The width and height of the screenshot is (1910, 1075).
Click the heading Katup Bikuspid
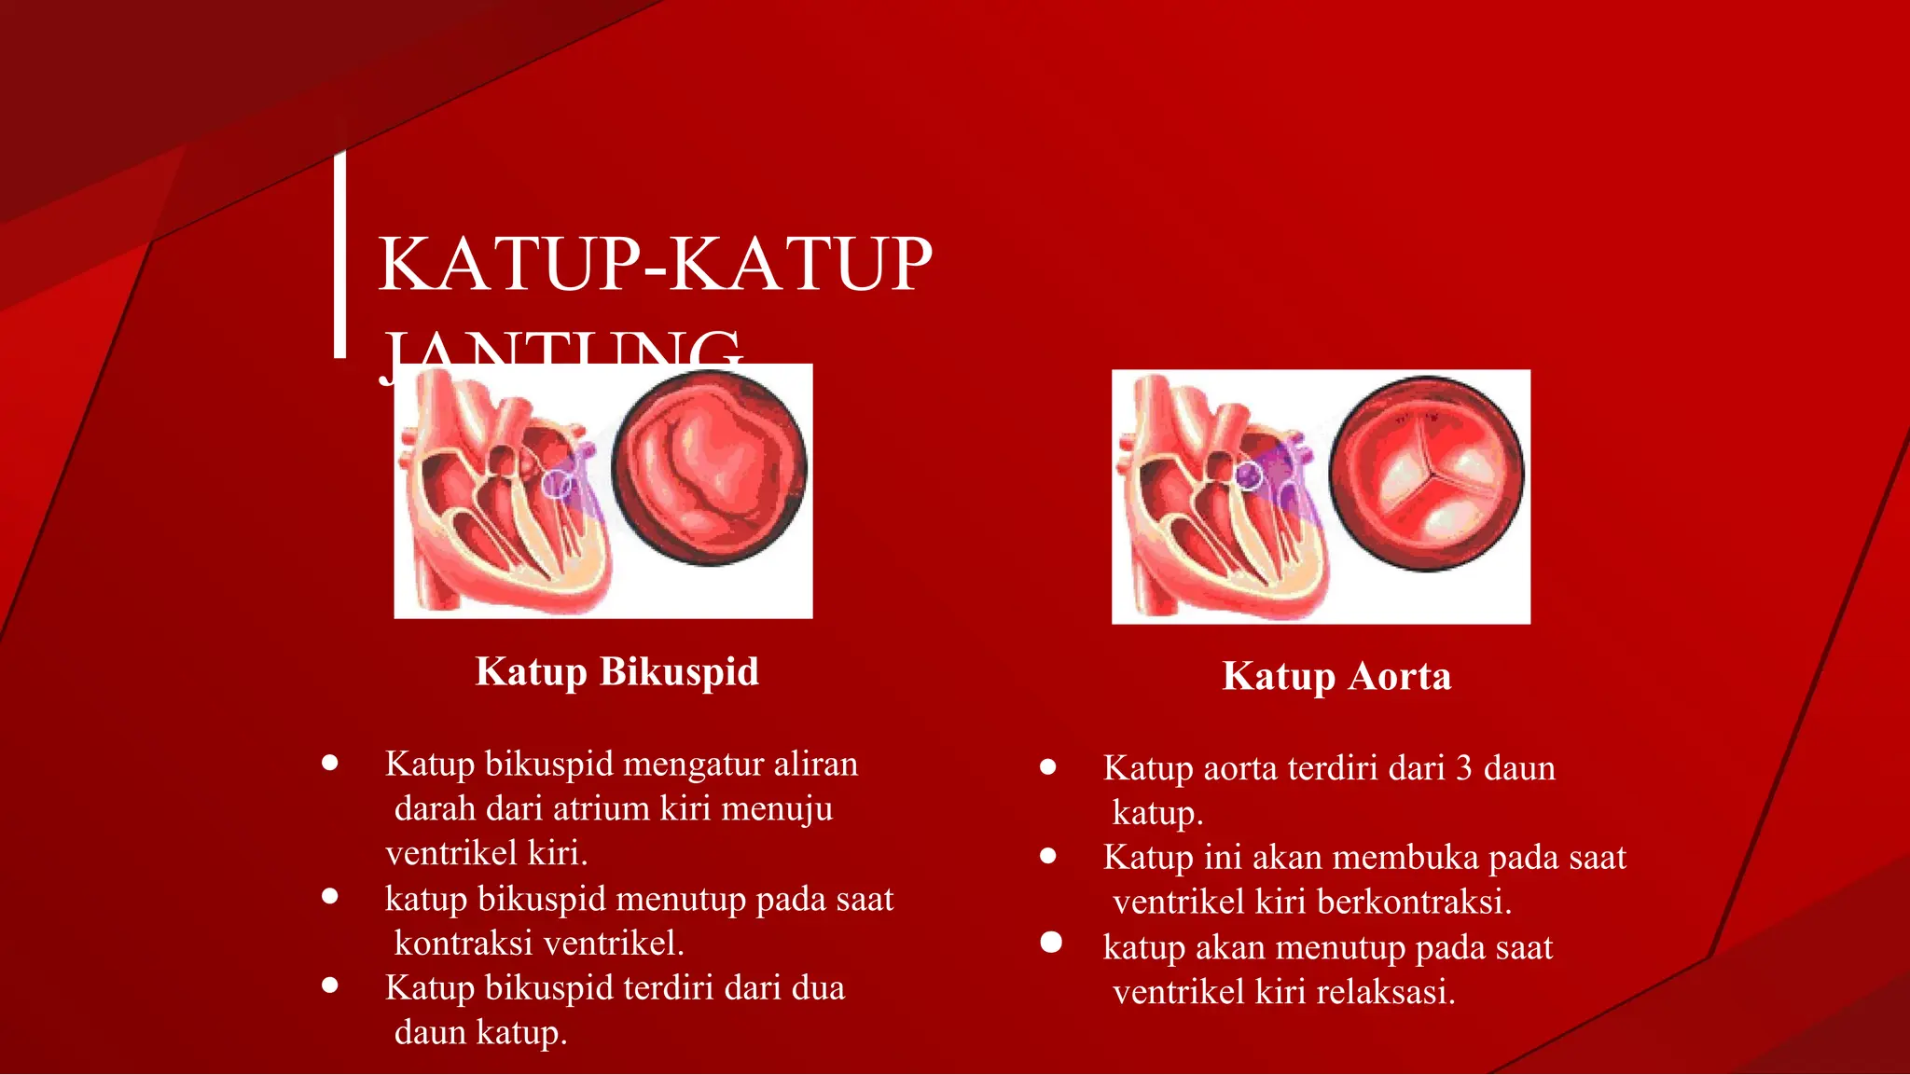pos(616,672)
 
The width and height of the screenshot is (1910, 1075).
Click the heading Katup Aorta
pos(1336,677)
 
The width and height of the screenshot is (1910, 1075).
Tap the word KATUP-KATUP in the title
pos(655,265)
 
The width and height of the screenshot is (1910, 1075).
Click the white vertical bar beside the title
pos(340,254)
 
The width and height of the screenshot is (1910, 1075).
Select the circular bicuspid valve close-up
pos(710,468)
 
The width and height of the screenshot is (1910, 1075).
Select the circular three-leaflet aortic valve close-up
pos(1426,474)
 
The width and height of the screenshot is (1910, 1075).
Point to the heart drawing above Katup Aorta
pos(1218,497)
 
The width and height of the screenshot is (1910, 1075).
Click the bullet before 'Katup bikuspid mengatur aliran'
pos(329,763)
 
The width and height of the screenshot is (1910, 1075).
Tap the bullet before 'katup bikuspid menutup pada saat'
pos(329,897)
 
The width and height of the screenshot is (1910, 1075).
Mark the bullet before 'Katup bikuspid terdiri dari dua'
pos(329,985)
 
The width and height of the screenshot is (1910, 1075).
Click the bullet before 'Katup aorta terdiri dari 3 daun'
pos(1048,767)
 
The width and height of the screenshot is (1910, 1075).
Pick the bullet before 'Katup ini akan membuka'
pos(1048,856)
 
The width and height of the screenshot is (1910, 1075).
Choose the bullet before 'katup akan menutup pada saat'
pos(1051,943)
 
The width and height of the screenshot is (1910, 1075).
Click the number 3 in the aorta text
pos(1463,768)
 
